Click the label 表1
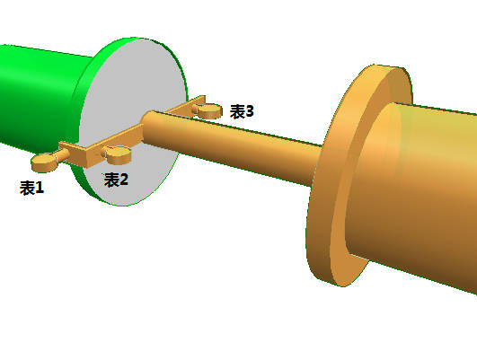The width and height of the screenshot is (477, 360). point(32,188)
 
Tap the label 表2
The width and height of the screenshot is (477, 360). point(116,180)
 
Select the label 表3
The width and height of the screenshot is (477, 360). point(242,111)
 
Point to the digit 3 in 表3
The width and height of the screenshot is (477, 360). point(250,111)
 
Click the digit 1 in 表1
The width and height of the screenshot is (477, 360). point(40,188)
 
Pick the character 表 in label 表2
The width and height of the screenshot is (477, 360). point(111,180)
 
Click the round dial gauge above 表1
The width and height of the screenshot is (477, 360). point(44,162)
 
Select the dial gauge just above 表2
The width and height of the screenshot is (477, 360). point(118,155)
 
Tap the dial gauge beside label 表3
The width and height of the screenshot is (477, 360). point(209,110)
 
